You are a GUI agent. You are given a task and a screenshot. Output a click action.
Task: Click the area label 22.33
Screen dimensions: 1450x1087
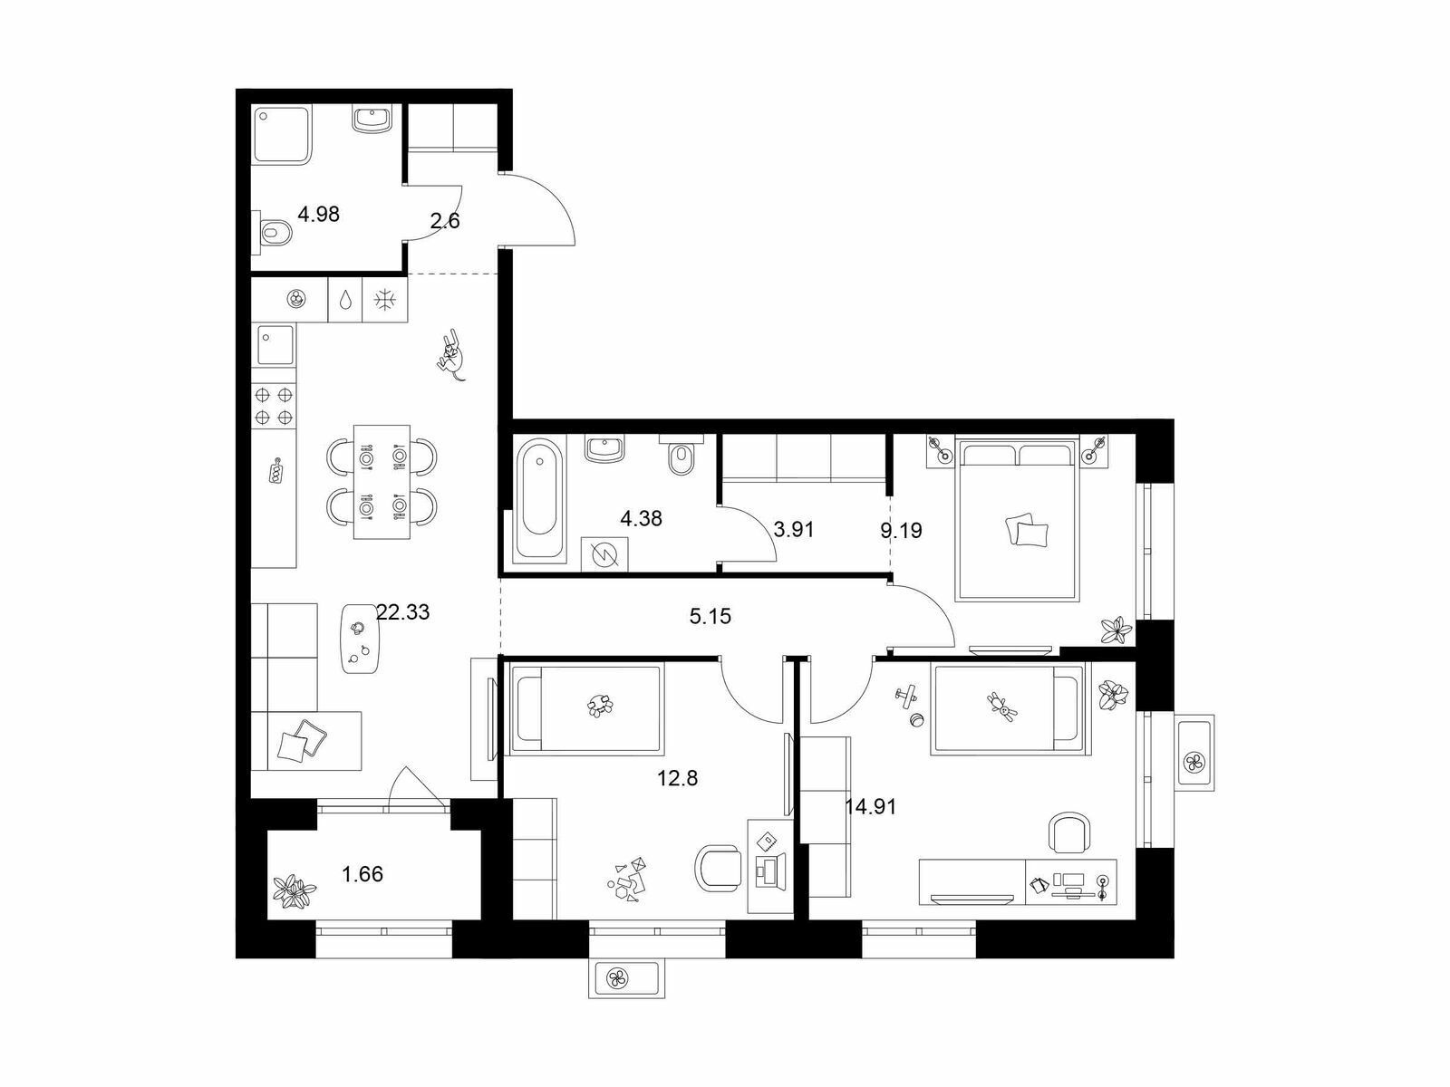(402, 612)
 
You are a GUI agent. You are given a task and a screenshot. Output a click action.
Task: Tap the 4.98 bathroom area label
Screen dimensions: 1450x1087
(318, 215)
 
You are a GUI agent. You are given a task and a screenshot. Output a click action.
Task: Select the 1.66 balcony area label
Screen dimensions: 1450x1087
(362, 874)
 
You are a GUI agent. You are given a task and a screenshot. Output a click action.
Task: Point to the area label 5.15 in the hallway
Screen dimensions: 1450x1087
(710, 617)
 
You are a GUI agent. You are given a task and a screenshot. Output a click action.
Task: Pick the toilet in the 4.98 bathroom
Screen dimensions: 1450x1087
(274, 232)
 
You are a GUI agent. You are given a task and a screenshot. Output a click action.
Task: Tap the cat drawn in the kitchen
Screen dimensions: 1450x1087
(451, 356)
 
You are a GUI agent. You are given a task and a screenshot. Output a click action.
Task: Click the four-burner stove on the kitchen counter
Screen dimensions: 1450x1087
(274, 406)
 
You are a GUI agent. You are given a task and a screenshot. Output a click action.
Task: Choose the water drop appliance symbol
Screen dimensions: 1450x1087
(345, 301)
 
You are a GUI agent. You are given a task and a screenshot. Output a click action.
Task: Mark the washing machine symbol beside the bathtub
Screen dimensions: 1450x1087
(604, 554)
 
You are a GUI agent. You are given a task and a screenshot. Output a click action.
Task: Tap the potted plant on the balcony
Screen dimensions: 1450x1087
(294, 890)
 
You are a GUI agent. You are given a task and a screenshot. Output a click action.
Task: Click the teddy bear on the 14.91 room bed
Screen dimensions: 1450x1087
(1003, 705)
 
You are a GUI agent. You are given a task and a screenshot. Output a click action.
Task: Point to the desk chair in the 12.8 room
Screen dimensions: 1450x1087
(718, 869)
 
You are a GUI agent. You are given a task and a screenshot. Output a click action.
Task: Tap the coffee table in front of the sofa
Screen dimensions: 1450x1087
(361, 639)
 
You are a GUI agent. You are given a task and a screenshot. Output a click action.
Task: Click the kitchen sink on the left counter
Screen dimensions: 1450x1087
(275, 344)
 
